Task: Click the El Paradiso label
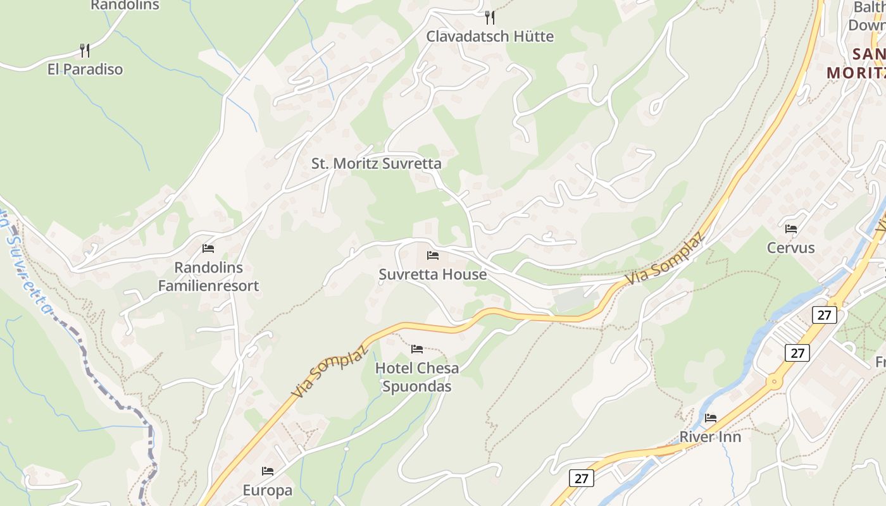point(85,69)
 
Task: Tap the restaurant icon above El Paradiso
point(85,50)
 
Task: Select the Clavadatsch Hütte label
point(490,36)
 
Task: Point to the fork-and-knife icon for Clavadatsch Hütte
point(489,17)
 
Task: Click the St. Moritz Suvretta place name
point(376,163)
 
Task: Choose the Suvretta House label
point(433,275)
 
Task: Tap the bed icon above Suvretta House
point(433,256)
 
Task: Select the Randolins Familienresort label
point(208,276)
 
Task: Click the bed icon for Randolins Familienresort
point(208,249)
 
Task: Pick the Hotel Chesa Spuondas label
point(417,377)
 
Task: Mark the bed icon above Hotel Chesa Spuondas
point(417,349)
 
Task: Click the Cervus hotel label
point(791,247)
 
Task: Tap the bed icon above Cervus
point(791,228)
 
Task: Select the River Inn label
point(710,436)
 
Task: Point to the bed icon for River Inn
point(711,417)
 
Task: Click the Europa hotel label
point(268,490)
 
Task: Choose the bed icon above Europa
point(268,471)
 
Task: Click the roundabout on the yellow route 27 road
point(773,381)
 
